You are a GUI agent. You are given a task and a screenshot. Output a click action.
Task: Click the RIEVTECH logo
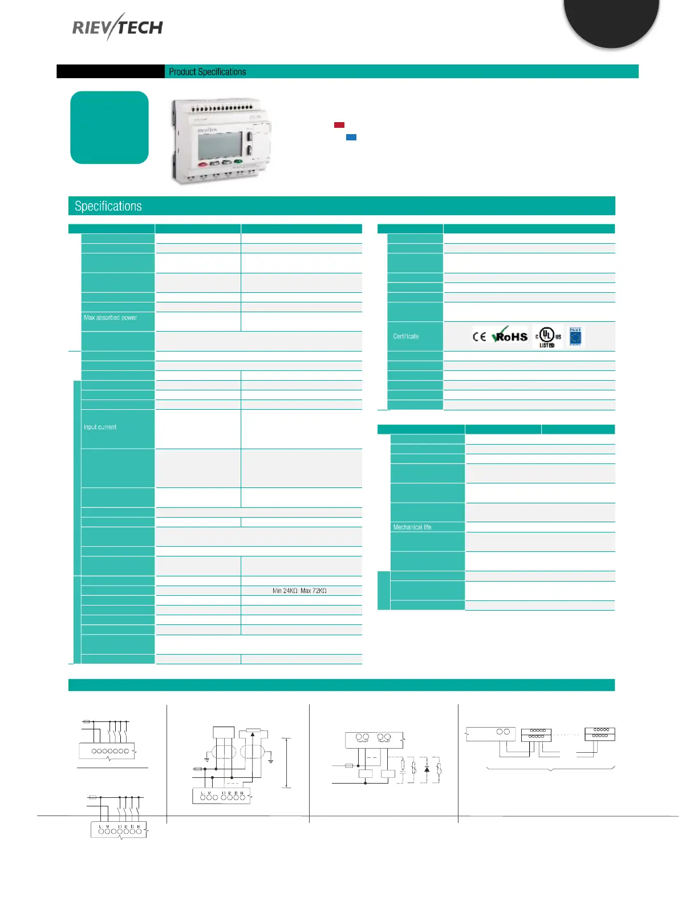coord(117,27)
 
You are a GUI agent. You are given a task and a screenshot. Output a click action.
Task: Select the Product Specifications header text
coord(208,72)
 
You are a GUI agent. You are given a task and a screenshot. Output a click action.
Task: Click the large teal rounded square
coord(109,127)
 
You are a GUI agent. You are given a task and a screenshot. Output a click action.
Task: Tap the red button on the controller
coord(203,164)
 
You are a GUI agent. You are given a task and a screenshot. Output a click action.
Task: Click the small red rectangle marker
coord(339,125)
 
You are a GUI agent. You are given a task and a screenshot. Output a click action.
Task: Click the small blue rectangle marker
coord(351,137)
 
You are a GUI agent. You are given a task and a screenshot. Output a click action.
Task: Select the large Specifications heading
coord(108,206)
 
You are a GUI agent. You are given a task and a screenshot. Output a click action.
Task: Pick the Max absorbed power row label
coord(111,318)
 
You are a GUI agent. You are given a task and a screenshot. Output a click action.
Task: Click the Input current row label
coord(100,427)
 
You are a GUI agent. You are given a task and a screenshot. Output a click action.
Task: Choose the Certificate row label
coord(406,336)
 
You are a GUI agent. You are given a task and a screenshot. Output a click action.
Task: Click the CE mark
coord(479,336)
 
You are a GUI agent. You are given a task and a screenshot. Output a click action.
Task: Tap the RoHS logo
coord(510,336)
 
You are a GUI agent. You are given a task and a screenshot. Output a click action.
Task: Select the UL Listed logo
coord(547,337)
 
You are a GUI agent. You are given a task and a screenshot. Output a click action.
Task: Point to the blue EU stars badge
coord(575,337)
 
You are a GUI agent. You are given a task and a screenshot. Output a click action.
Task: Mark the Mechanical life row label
coord(412,527)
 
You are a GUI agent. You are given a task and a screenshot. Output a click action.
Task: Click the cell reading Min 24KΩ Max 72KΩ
coord(299,591)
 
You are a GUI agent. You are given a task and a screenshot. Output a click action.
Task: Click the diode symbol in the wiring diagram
coord(427,770)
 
